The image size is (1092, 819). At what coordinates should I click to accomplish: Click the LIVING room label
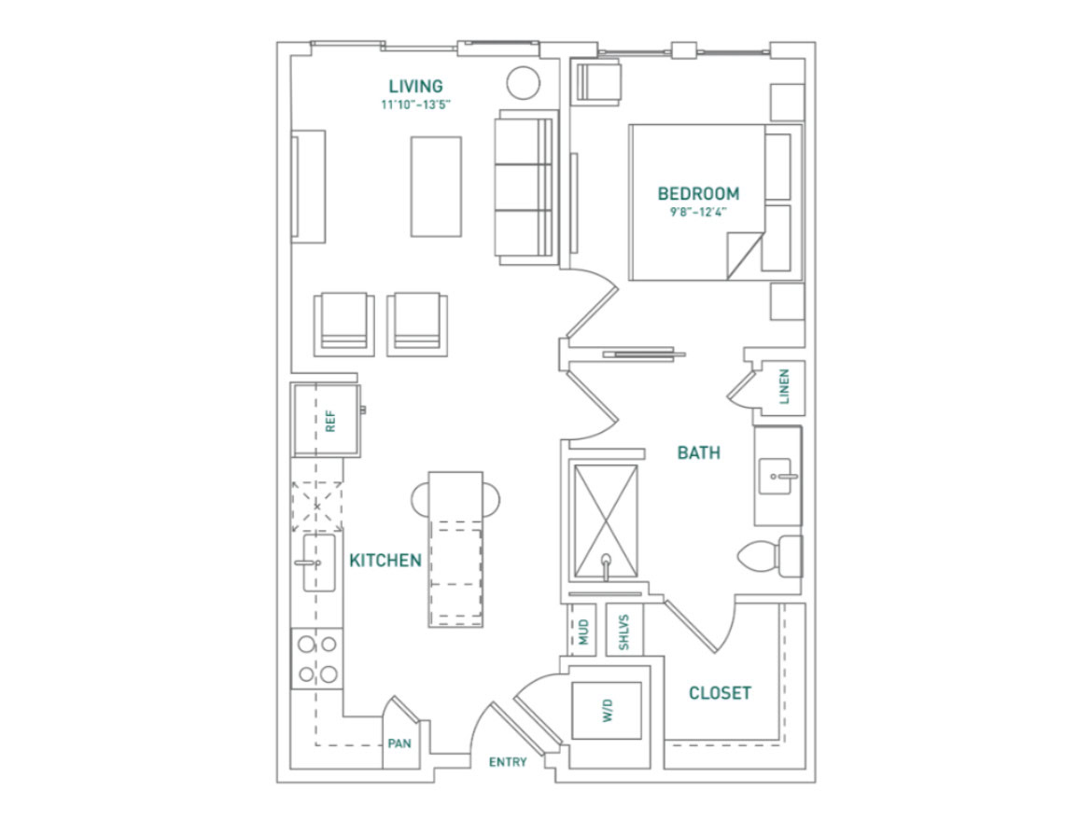(415, 86)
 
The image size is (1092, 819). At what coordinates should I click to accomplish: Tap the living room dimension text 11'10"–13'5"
(415, 105)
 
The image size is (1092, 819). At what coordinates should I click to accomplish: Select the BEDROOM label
(698, 193)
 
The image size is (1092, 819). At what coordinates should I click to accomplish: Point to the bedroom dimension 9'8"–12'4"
(698, 213)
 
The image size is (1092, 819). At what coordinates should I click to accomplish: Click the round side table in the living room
(523, 84)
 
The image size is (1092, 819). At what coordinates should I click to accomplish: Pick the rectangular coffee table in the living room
(436, 187)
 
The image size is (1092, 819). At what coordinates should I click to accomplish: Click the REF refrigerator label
(330, 421)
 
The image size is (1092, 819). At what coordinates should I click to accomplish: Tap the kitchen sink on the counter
(318, 562)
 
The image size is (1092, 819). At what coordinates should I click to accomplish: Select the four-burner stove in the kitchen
(317, 659)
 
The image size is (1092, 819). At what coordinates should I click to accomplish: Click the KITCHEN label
(385, 561)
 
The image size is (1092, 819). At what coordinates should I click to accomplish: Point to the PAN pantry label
(399, 743)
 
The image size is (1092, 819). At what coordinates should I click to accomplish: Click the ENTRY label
(508, 763)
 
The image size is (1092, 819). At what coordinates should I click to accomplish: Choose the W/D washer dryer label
(608, 711)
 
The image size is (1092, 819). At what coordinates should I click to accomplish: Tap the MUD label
(583, 632)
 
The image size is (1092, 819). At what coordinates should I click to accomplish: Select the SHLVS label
(624, 632)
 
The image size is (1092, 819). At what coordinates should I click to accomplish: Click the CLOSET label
(721, 693)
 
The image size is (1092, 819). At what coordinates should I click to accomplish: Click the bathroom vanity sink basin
(775, 476)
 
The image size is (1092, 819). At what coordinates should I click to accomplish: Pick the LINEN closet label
(784, 387)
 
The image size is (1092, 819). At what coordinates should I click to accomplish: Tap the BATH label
(698, 453)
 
